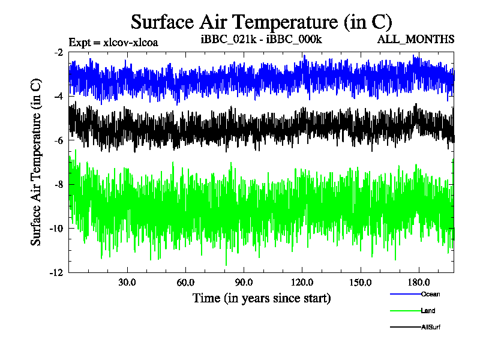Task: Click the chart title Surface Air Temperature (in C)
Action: [x=261, y=22]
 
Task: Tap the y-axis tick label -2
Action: [x=59, y=53]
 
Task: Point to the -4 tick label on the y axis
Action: [x=59, y=97]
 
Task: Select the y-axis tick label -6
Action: [x=59, y=140]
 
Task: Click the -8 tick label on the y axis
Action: [x=59, y=184]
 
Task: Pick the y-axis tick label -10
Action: [x=57, y=229]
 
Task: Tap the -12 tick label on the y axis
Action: [x=57, y=272]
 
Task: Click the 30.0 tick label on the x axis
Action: [x=127, y=282]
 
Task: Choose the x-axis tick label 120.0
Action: [x=301, y=282]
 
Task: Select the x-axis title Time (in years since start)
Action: [x=261, y=298]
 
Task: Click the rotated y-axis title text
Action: [x=37, y=162]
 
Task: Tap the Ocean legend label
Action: [x=430, y=294]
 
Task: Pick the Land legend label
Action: [x=428, y=311]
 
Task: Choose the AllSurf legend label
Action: [x=431, y=327]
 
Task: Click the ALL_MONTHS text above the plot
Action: [x=415, y=40]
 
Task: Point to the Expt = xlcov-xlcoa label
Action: [x=113, y=43]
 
